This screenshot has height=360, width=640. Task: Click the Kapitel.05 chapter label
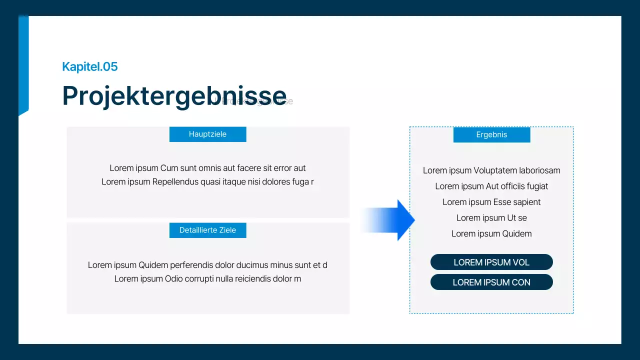coord(90,66)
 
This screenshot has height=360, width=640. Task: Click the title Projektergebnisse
coord(174,95)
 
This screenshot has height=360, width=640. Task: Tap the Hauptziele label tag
coord(207,134)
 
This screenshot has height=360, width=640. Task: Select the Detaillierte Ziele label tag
coord(207,230)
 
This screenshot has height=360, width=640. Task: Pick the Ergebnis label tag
coord(491,134)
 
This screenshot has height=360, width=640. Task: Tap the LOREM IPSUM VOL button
coord(491,262)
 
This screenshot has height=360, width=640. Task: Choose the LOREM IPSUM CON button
coord(491,282)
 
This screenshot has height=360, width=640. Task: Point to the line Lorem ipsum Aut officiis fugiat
coord(491,186)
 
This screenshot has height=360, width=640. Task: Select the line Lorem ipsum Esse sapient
coord(491,202)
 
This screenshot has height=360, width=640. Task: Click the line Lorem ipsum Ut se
coord(491,217)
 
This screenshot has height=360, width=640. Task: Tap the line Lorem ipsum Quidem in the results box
coord(491,233)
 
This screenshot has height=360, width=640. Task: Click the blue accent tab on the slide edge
coord(23,65)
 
